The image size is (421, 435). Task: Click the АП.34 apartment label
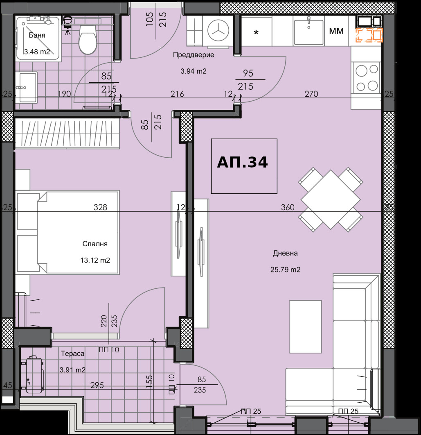(243, 162)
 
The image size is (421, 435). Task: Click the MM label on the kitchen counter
(336, 31)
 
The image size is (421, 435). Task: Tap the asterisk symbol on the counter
(256, 33)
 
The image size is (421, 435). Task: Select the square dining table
(331, 199)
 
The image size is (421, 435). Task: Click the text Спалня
(95, 244)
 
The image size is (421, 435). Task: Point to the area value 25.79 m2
(285, 270)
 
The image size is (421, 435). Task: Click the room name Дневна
(285, 253)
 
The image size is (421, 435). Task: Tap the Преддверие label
(194, 55)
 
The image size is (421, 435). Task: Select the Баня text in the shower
(37, 35)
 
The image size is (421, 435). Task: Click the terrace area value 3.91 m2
(72, 370)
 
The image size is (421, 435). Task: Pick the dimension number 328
(100, 207)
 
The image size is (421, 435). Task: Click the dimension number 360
(287, 207)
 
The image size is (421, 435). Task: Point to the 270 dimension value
(311, 94)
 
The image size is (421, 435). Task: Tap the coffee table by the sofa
(306, 326)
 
